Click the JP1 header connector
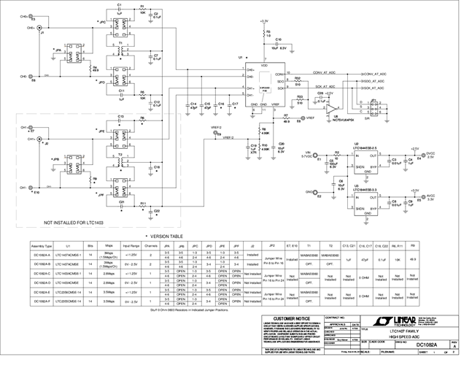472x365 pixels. point(373,107)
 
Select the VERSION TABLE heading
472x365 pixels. point(166,237)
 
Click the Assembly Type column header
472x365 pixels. point(41,247)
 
